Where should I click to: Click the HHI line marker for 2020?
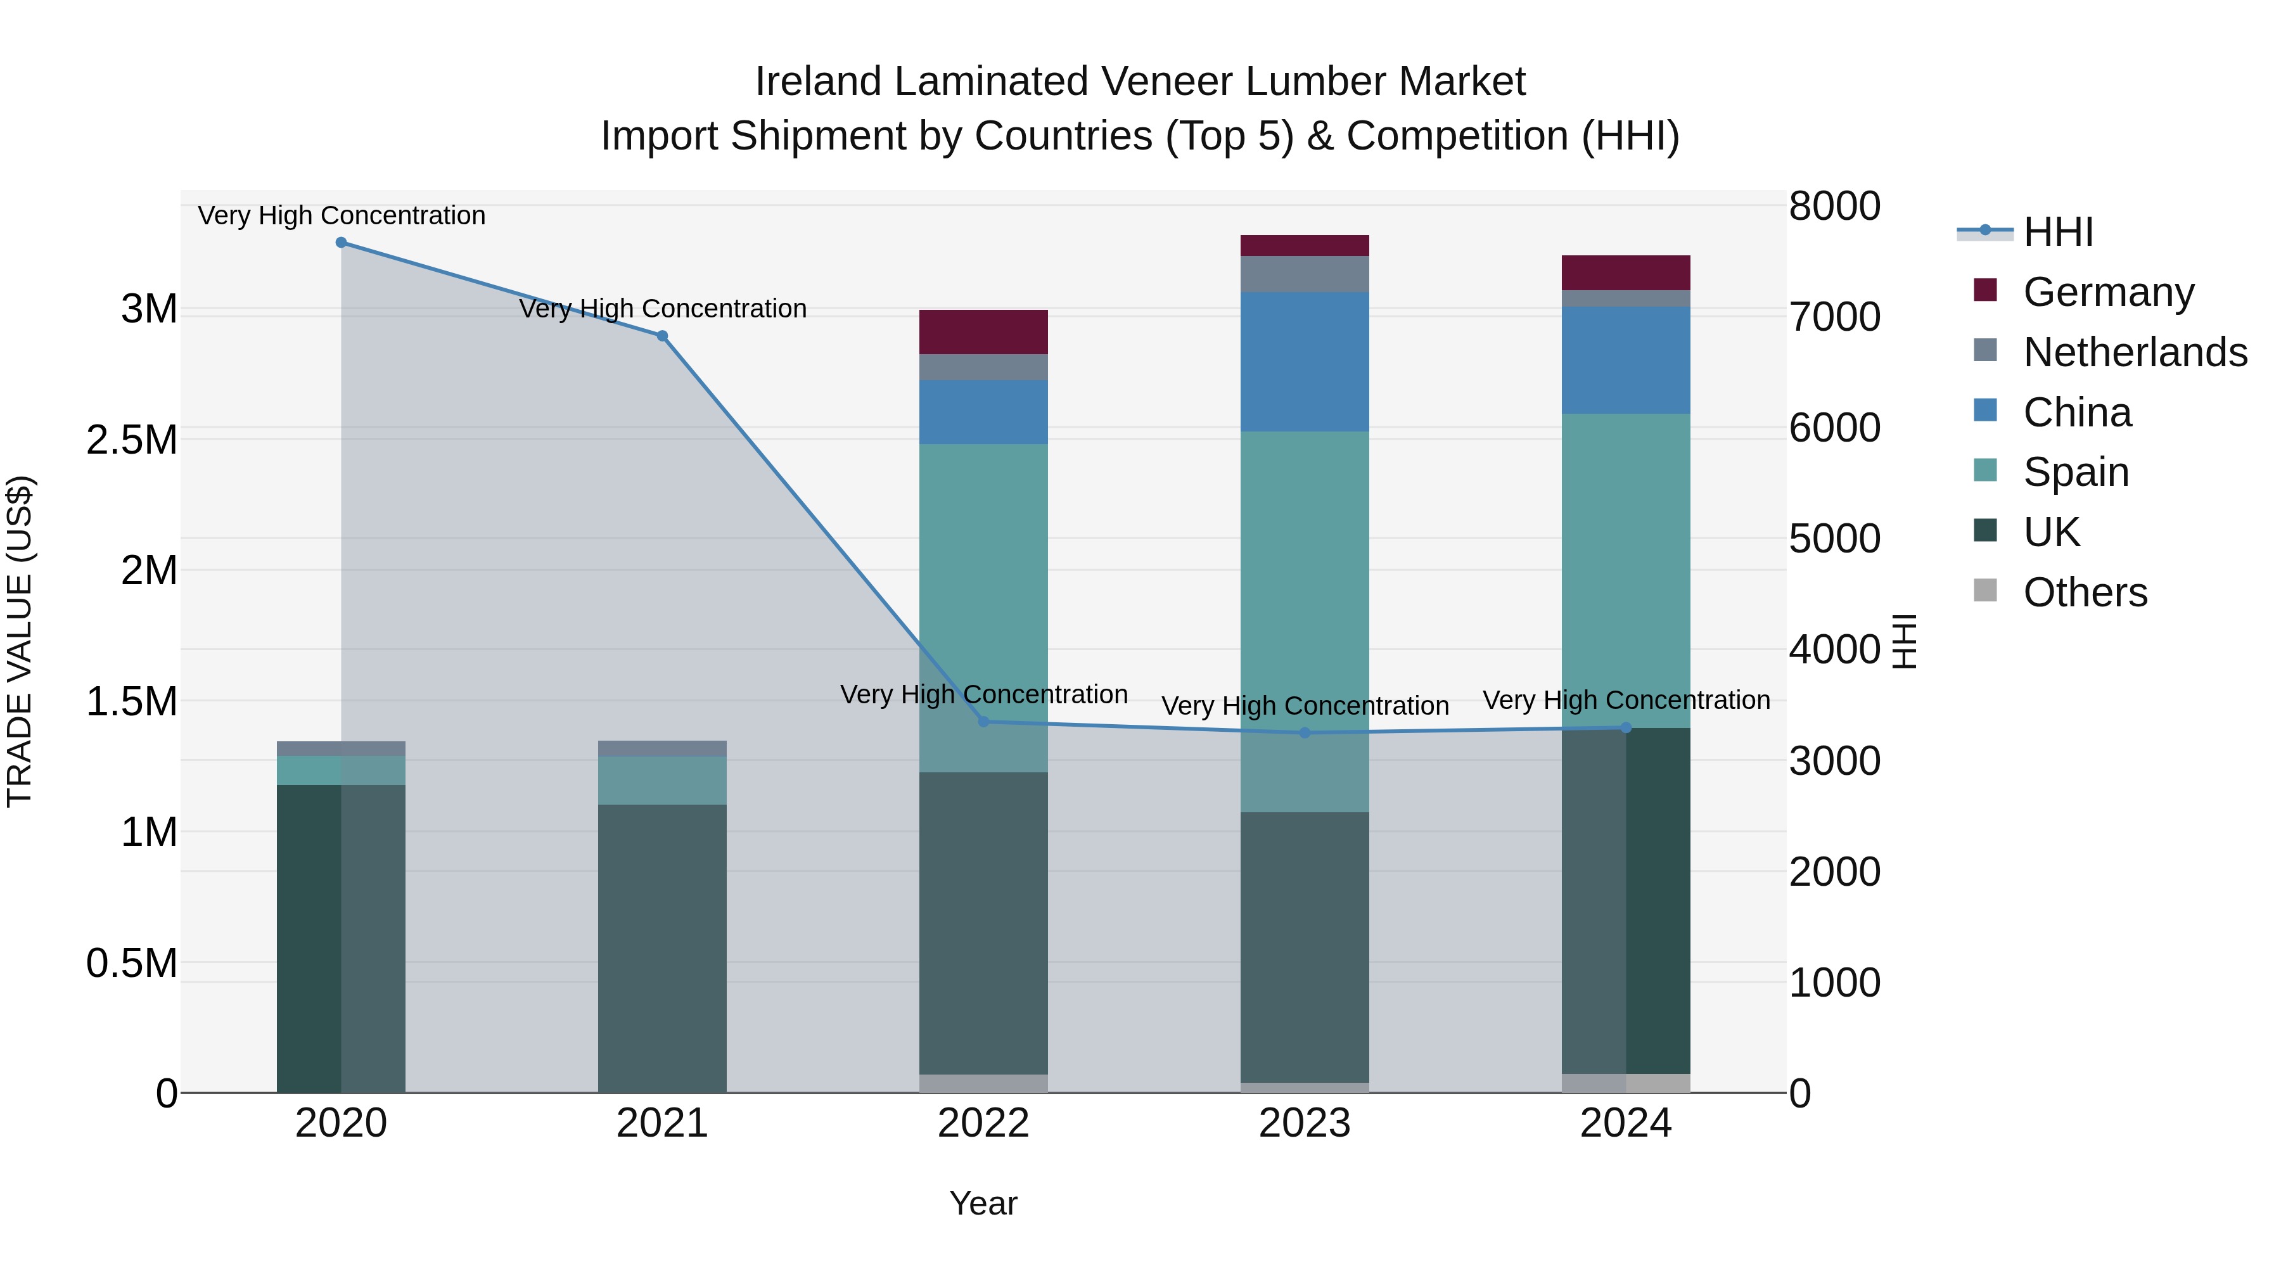coord(341,243)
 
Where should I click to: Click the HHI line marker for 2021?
coord(662,336)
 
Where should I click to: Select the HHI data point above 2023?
coord(1305,733)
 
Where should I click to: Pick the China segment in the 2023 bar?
coord(1305,362)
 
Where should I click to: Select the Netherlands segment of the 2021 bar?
coord(662,748)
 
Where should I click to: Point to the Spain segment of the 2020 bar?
coord(341,770)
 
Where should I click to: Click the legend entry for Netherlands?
coord(2134,352)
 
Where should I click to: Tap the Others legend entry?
coord(2085,592)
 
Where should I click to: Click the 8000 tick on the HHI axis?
coord(1834,207)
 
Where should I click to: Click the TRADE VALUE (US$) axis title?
coord(20,641)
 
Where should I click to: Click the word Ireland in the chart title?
coord(817,82)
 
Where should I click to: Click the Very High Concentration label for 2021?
coord(662,309)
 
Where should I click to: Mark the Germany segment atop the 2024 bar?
coord(1626,272)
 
